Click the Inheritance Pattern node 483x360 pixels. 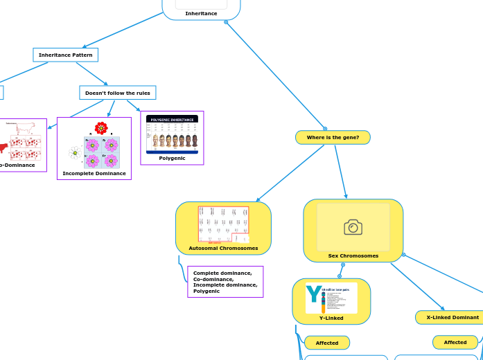(66, 55)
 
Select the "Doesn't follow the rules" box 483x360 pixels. (117, 93)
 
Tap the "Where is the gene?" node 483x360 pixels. (333, 138)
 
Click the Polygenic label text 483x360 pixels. (172, 159)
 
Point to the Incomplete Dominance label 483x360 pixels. (94, 173)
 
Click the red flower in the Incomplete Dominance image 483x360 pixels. (101, 128)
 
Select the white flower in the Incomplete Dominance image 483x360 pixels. (75, 152)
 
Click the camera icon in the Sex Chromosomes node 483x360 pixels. (353, 227)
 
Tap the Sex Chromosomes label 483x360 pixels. (353, 256)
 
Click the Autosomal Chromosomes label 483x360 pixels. (223, 248)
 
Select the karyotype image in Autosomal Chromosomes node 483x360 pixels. (223, 224)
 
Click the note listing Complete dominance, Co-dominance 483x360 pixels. (225, 282)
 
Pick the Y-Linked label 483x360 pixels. (331, 318)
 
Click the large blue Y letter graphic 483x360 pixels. (314, 295)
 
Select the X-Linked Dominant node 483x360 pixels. (452, 317)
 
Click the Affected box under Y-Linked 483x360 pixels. (327, 343)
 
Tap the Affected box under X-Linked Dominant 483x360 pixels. (455, 343)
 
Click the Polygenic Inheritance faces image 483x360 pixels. (172, 134)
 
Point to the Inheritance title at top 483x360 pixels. (201, 13)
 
